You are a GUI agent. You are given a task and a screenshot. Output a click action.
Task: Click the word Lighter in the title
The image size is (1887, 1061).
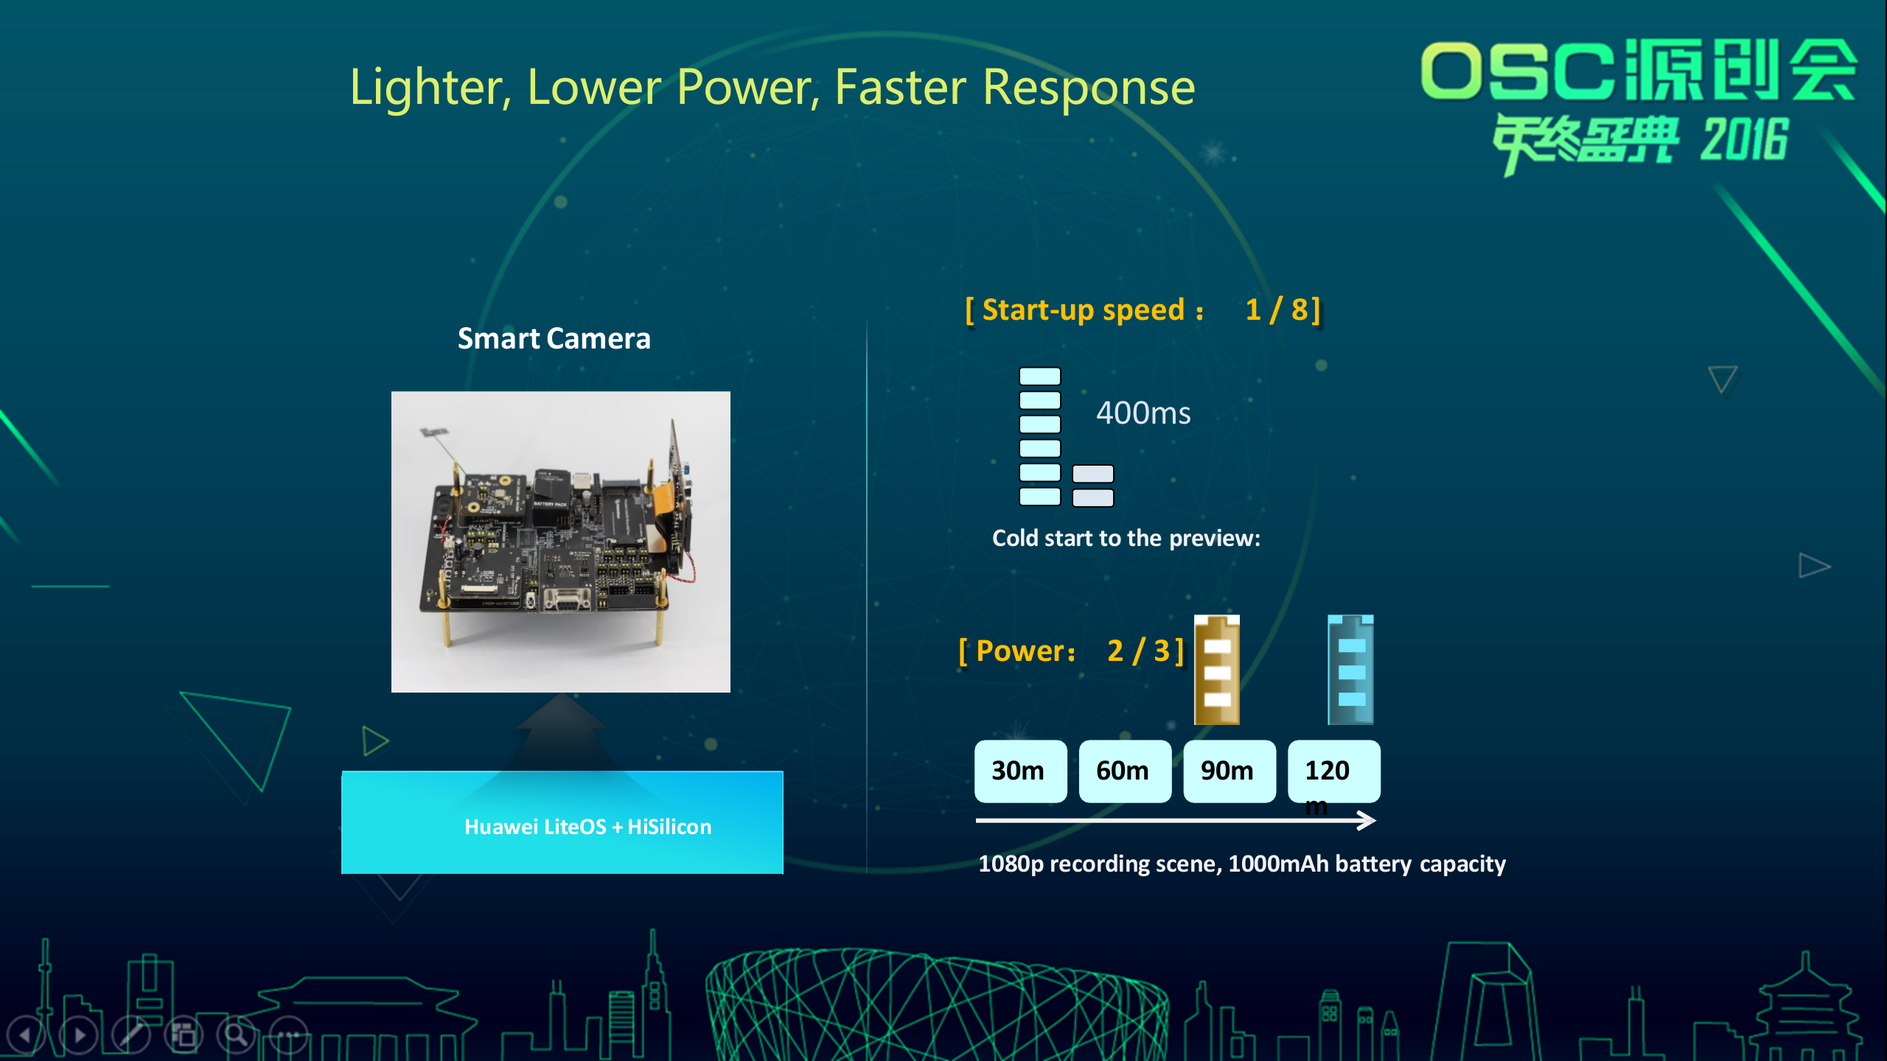point(430,88)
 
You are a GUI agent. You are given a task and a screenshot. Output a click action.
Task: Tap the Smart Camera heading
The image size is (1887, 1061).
point(554,338)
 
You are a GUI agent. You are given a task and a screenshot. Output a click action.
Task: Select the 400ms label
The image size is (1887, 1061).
point(1143,413)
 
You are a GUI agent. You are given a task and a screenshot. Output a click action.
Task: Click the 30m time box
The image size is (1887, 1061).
point(1020,771)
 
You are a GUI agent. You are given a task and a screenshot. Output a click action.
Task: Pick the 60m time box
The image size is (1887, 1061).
point(1125,771)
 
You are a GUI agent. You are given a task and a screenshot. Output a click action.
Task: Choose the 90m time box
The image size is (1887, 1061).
point(1229,771)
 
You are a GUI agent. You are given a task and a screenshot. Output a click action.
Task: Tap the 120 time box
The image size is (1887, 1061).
point(1333,771)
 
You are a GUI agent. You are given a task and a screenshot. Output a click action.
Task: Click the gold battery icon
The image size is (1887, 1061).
point(1217,670)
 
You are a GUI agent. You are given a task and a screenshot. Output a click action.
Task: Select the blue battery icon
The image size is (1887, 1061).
point(1350,670)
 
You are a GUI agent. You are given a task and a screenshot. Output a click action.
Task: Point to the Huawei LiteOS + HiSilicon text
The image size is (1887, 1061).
point(587,827)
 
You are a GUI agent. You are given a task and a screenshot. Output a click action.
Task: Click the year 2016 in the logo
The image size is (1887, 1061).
point(1744,140)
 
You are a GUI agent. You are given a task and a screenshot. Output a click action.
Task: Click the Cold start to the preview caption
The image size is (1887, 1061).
point(1126,539)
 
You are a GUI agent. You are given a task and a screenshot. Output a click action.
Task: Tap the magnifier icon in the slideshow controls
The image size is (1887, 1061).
point(236,1035)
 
